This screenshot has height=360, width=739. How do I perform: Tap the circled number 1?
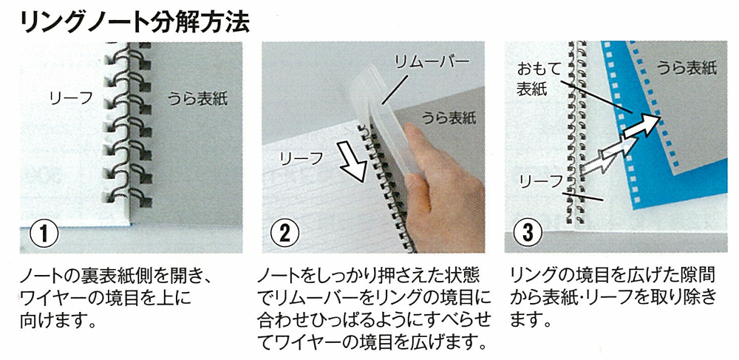click(44, 234)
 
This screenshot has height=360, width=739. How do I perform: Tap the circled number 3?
click(527, 233)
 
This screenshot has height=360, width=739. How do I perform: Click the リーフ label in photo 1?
click(71, 98)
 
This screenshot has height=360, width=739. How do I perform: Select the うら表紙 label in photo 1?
click(198, 99)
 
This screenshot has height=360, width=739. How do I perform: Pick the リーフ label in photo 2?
click(302, 159)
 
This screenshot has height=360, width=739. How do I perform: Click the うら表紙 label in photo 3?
click(687, 68)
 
